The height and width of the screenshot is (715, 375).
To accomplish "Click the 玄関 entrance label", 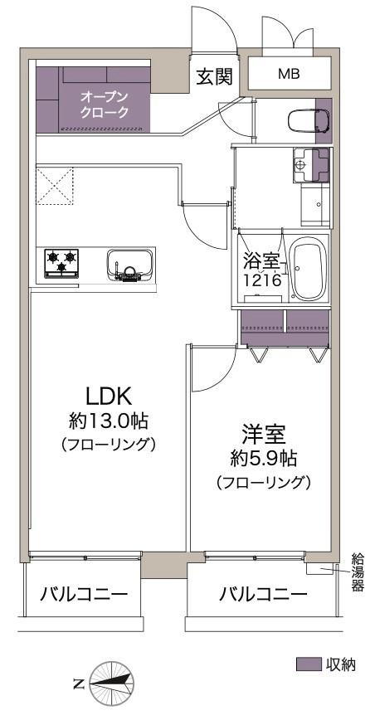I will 212,76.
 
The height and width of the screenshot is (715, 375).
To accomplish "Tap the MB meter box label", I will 289,74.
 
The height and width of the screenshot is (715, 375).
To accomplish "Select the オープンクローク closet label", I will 105,105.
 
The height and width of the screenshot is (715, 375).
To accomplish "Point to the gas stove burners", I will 62,262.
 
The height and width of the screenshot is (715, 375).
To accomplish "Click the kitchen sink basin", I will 129,265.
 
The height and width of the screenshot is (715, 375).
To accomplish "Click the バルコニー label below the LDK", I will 84,594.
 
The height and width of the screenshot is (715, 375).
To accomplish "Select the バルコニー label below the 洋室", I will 262,594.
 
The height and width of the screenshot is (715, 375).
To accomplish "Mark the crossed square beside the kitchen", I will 55,185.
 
